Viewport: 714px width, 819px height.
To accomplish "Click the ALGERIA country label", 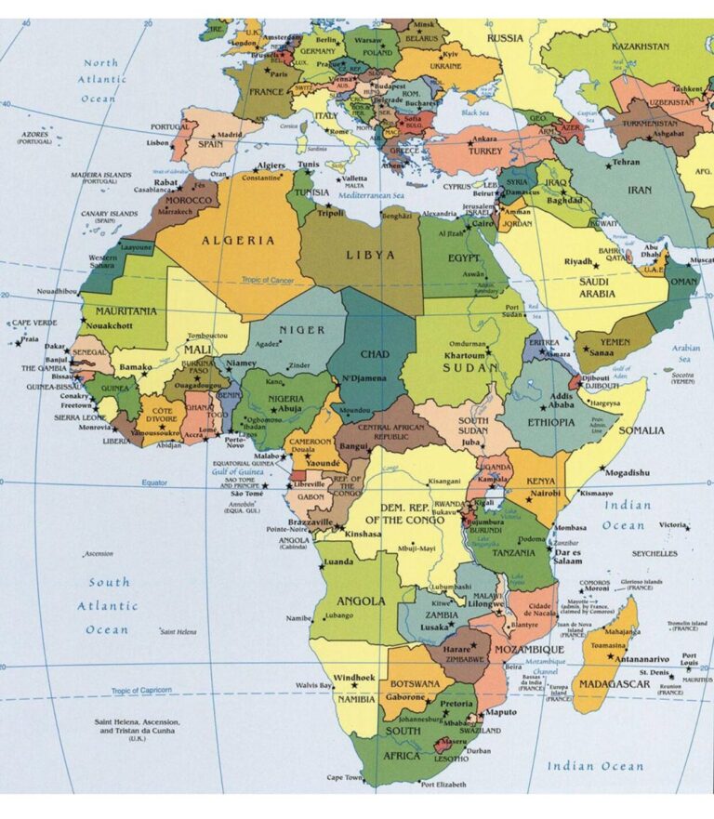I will (x=240, y=240).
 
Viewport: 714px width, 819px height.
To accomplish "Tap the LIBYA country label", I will (x=370, y=254).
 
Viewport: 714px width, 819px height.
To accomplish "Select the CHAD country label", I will (x=375, y=354).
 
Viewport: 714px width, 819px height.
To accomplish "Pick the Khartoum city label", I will (x=464, y=356).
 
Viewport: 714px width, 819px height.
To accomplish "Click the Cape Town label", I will (x=343, y=777).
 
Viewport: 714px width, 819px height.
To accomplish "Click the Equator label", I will (x=154, y=482).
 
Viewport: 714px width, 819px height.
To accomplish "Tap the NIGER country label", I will (x=302, y=329).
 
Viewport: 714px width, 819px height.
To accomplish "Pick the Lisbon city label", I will (x=157, y=143).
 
